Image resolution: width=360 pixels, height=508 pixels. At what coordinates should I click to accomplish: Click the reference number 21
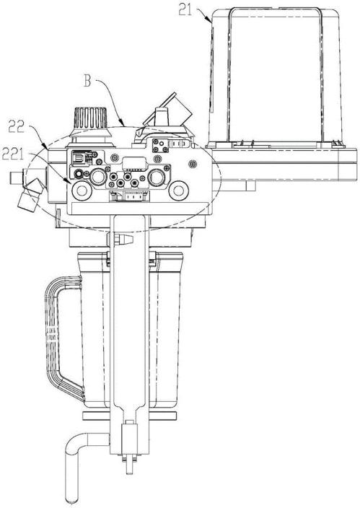185,10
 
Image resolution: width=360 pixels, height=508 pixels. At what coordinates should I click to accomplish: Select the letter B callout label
87,81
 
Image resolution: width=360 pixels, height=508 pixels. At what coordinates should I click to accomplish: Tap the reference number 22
17,127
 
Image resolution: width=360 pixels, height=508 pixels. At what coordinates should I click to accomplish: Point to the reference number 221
13,154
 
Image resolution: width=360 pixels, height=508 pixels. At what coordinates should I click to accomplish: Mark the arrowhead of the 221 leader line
69,181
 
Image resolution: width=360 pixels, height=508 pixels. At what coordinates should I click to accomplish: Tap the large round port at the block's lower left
82,190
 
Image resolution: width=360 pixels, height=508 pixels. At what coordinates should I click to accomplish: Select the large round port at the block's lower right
178,190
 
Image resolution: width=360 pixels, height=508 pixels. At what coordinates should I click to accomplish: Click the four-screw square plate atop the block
160,146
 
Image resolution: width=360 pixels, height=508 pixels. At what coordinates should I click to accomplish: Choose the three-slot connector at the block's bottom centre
130,197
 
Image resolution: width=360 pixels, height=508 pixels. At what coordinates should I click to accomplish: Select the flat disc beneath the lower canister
130,416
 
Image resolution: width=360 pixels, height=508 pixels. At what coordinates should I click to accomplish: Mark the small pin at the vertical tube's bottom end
129,466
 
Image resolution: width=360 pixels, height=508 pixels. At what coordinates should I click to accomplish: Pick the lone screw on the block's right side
193,165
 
